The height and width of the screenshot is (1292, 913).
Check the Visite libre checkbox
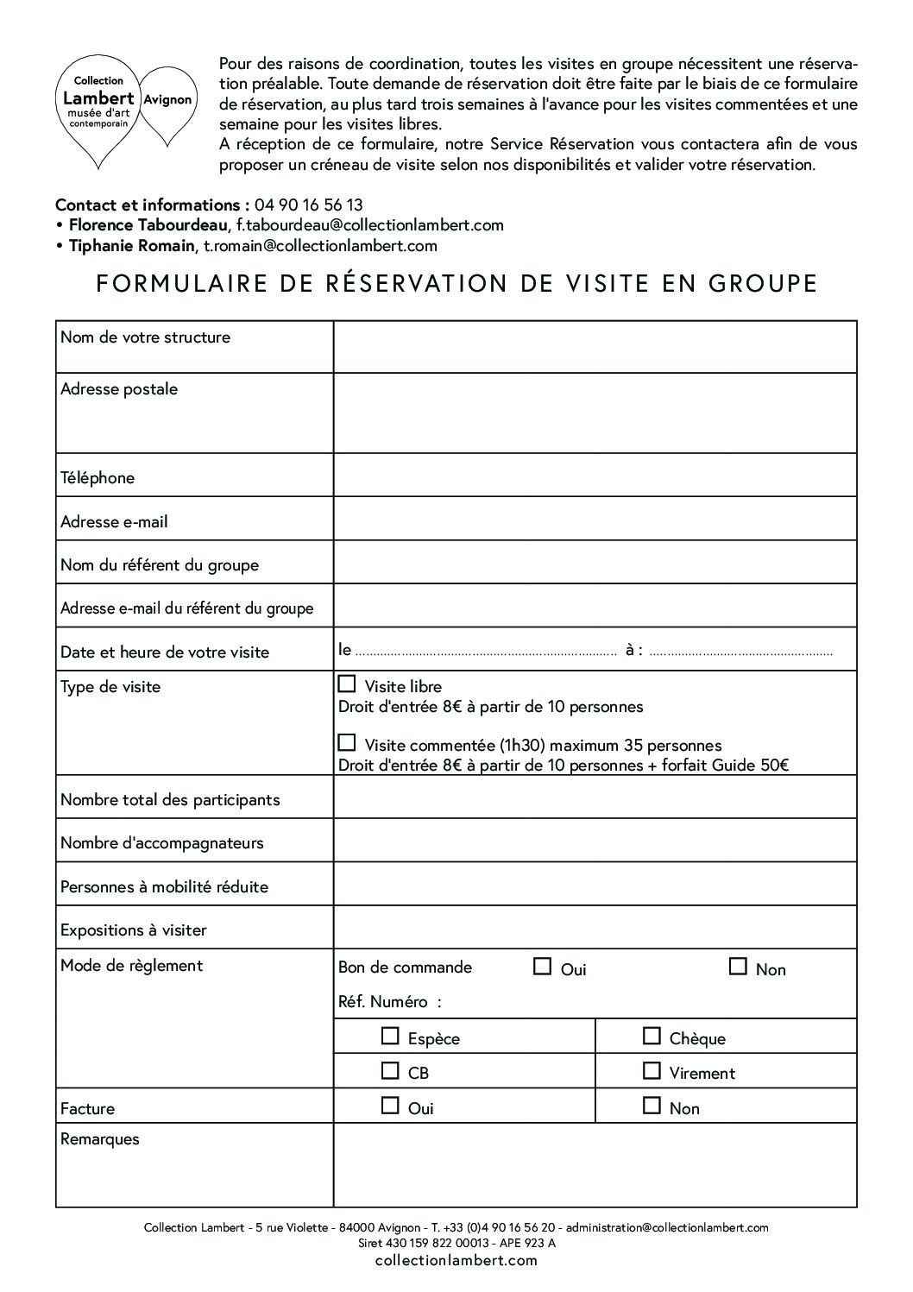point(347,684)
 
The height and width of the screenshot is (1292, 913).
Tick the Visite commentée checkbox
point(347,742)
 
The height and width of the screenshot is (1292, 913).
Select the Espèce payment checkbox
point(391,1036)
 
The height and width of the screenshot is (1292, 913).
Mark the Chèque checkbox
point(652,1036)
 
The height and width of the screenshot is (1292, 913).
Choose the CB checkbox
point(391,1071)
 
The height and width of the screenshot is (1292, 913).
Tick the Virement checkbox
point(652,1071)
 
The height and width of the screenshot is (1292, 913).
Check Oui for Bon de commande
point(542,967)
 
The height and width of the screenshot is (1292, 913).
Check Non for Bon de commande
point(738,967)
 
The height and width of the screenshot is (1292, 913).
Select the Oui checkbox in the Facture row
point(391,1106)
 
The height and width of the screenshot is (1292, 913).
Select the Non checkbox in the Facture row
point(652,1106)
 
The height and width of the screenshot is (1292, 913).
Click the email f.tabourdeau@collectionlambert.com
point(369,225)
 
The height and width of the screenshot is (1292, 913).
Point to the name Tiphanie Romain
point(131,246)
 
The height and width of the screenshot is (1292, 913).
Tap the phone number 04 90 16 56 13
point(308,205)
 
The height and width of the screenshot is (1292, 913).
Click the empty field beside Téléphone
point(595,476)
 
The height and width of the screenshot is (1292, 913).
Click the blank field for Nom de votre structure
point(595,347)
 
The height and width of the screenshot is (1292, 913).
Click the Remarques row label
point(100,1139)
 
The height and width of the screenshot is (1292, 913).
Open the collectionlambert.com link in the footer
point(456,1260)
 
